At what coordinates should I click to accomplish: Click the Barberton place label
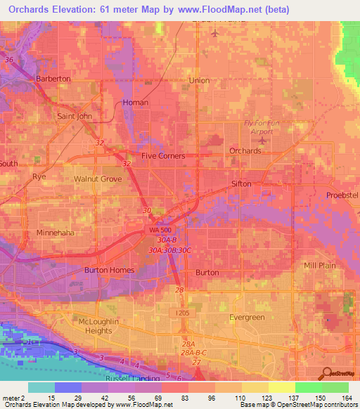[54, 79]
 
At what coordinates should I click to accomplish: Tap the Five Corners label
[163, 156]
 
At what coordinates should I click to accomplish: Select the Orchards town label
[245, 151]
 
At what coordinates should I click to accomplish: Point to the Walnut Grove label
[98, 179]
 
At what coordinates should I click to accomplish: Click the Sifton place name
[241, 183]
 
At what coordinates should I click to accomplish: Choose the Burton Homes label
[109, 270]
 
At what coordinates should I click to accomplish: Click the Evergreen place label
[247, 318]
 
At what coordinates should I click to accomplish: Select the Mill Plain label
[320, 266]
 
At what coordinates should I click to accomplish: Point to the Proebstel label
[342, 195]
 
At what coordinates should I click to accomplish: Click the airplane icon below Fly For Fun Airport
[261, 141]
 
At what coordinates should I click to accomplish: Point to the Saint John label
[75, 116]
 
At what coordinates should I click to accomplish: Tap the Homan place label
[136, 103]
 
